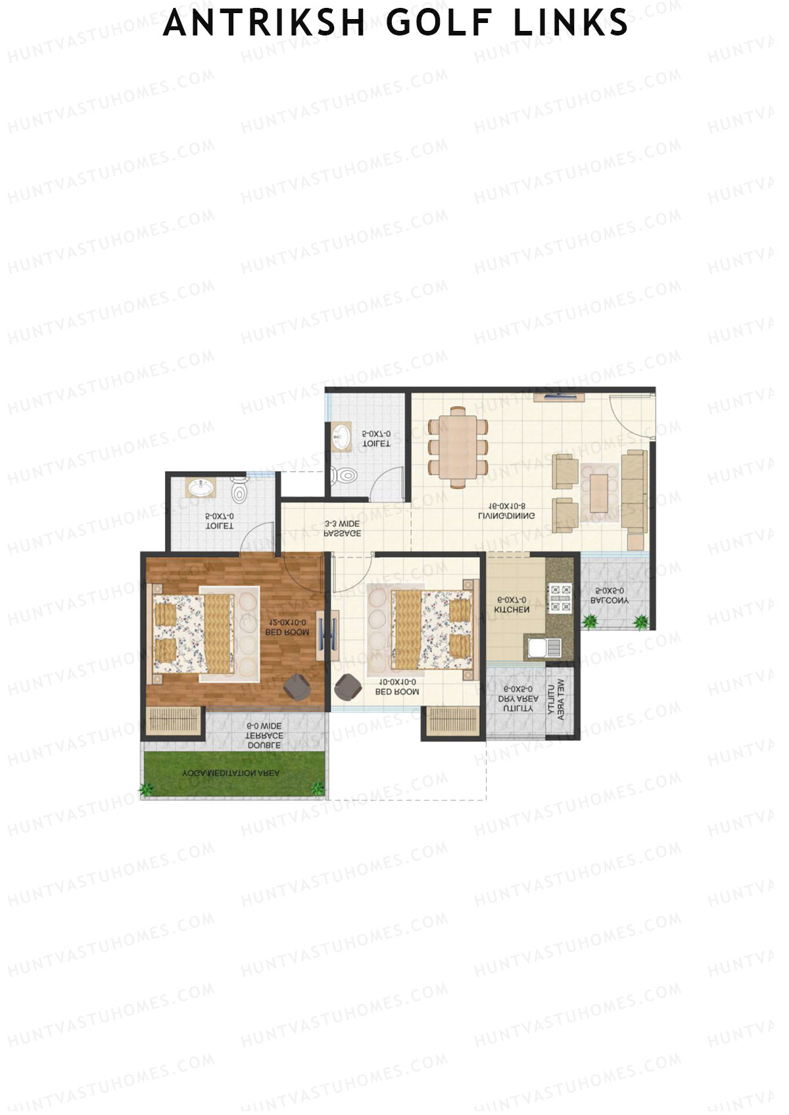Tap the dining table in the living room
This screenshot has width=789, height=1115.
click(x=458, y=447)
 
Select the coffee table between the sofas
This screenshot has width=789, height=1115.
click(x=599, y=492)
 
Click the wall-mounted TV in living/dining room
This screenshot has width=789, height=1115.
click(x=560, y=396)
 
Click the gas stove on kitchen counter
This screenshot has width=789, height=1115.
click(x=560, y=598)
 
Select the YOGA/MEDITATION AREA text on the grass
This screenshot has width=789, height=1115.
click(x=231, y=773)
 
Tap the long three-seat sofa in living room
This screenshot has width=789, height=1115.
click(x=634, y=491)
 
